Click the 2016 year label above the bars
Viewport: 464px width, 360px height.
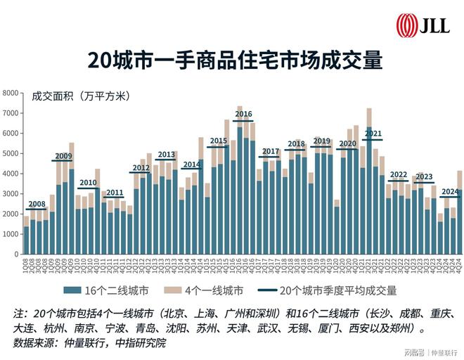click(243, 114)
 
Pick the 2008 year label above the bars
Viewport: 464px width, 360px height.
click(37, 204)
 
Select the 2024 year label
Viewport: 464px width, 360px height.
click(450, 191)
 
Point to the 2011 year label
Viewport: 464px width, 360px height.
click(115, 192)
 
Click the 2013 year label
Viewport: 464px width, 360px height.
click(167, 155)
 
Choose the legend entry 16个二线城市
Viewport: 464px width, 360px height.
click(120, 290)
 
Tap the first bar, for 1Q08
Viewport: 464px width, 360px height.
click(27, 239)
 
